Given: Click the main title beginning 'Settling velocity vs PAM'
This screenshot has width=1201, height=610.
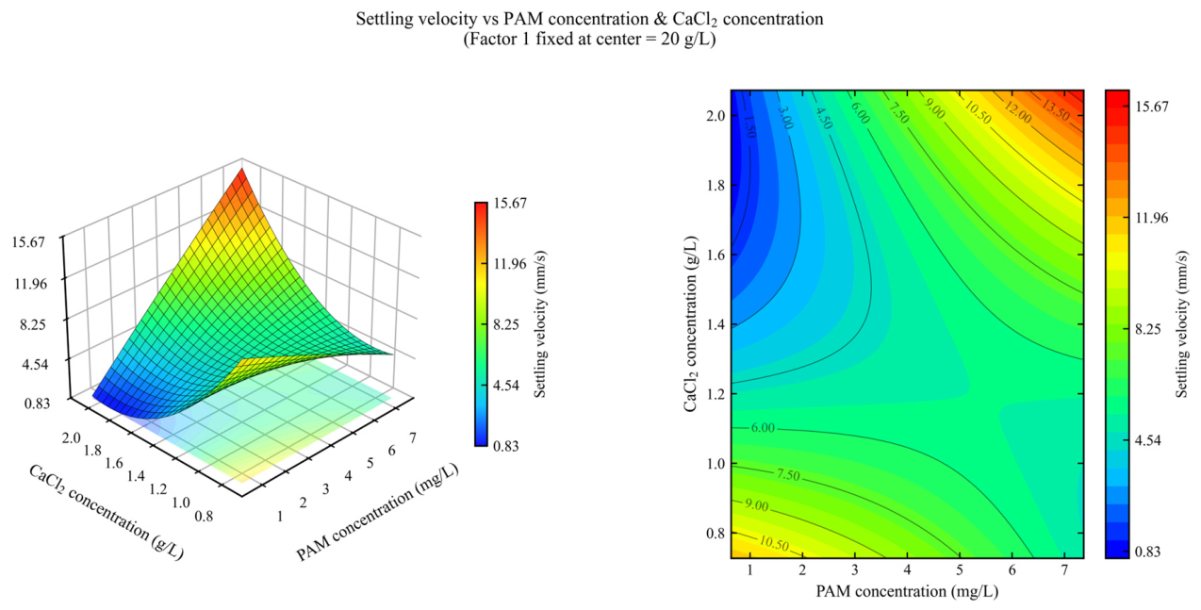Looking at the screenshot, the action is click(589, 19).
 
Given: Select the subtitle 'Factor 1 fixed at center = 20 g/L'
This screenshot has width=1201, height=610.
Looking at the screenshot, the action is click(589, 40).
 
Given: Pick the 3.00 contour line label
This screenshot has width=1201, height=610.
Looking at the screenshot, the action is click(785, 118).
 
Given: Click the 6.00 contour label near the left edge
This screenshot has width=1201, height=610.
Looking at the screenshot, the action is click(763, 428).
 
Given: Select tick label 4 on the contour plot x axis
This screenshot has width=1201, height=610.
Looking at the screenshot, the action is click(907, 570).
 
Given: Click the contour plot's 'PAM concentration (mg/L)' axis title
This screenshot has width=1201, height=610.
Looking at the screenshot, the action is click(907, 591).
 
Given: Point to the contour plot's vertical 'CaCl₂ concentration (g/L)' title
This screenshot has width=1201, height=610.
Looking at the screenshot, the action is click(691, 323).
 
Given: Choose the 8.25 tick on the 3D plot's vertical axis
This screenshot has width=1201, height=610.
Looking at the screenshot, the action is click(34, 325).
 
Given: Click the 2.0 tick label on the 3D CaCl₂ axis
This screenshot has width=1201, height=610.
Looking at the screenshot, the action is click(72, 437).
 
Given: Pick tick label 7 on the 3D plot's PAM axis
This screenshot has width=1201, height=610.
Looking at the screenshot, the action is click(412, 437).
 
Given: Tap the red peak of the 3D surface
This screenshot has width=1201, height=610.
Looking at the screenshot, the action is click(242, 172).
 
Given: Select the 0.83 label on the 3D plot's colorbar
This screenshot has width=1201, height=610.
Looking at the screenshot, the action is click(506, 446).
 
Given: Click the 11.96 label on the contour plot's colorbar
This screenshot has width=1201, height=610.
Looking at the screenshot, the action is click(1152, 218).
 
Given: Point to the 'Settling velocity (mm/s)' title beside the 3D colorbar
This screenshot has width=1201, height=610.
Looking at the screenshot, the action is click(540, 323).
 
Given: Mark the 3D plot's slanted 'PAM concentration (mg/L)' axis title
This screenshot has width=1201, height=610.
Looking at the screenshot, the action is click(377, 513).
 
